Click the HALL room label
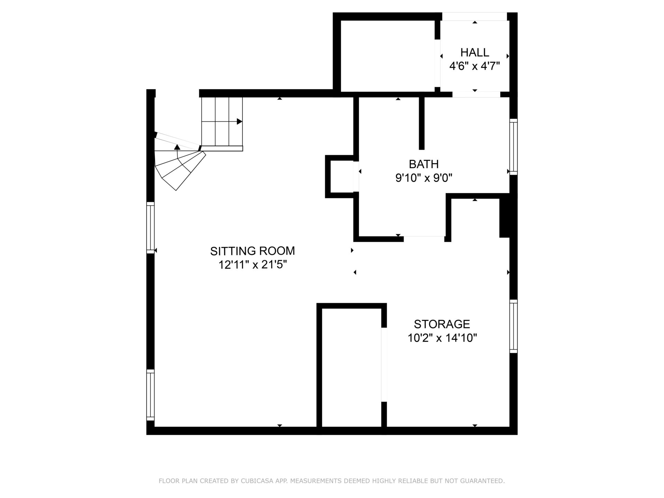[474, 52]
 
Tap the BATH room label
[424, 164]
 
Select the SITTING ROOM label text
[252, 251]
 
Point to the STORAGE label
[442, 324]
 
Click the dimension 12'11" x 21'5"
[252, 265]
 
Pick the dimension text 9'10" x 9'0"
[424, 178]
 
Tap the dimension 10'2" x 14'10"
[442, 338]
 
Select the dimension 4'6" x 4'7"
[474, 66]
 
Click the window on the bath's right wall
[514, 147]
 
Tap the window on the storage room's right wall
[514, 326]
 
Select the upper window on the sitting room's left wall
[150, 228]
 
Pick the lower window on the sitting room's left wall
[150, 395]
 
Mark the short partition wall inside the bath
[422, 123]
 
